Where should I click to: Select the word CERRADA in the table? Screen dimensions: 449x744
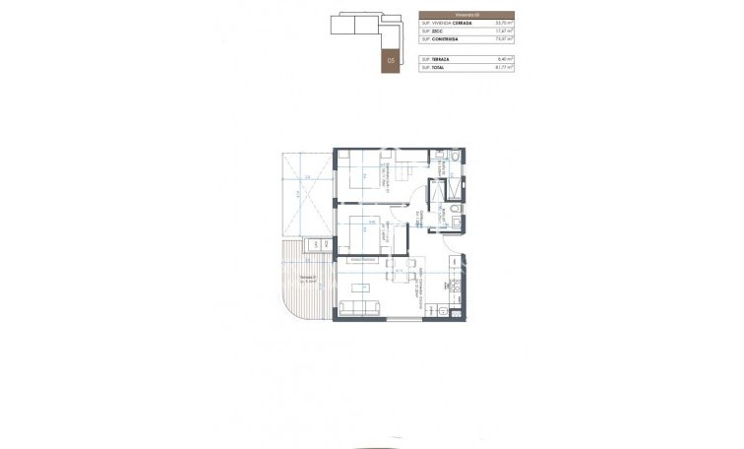tap(462, 23)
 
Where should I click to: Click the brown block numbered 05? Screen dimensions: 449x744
tap(392, 61)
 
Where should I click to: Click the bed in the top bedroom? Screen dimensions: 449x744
tap(361, 177)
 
